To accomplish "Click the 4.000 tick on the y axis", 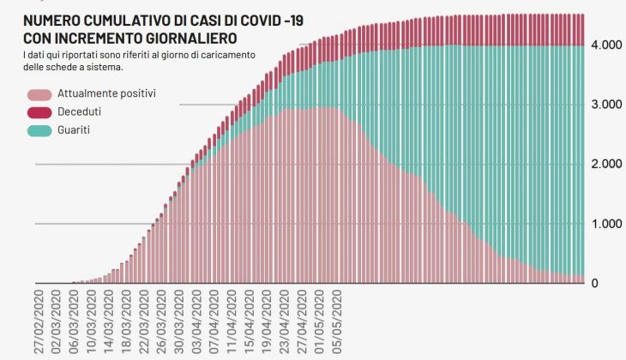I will (605, 45).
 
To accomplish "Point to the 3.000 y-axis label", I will (605, 105).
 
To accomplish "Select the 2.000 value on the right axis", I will (605, 164).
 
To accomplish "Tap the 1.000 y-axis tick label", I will (605, 224).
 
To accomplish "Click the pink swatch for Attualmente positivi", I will (39, 94).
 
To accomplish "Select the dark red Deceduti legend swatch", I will (39, 112).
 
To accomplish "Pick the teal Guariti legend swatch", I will (39, 131).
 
